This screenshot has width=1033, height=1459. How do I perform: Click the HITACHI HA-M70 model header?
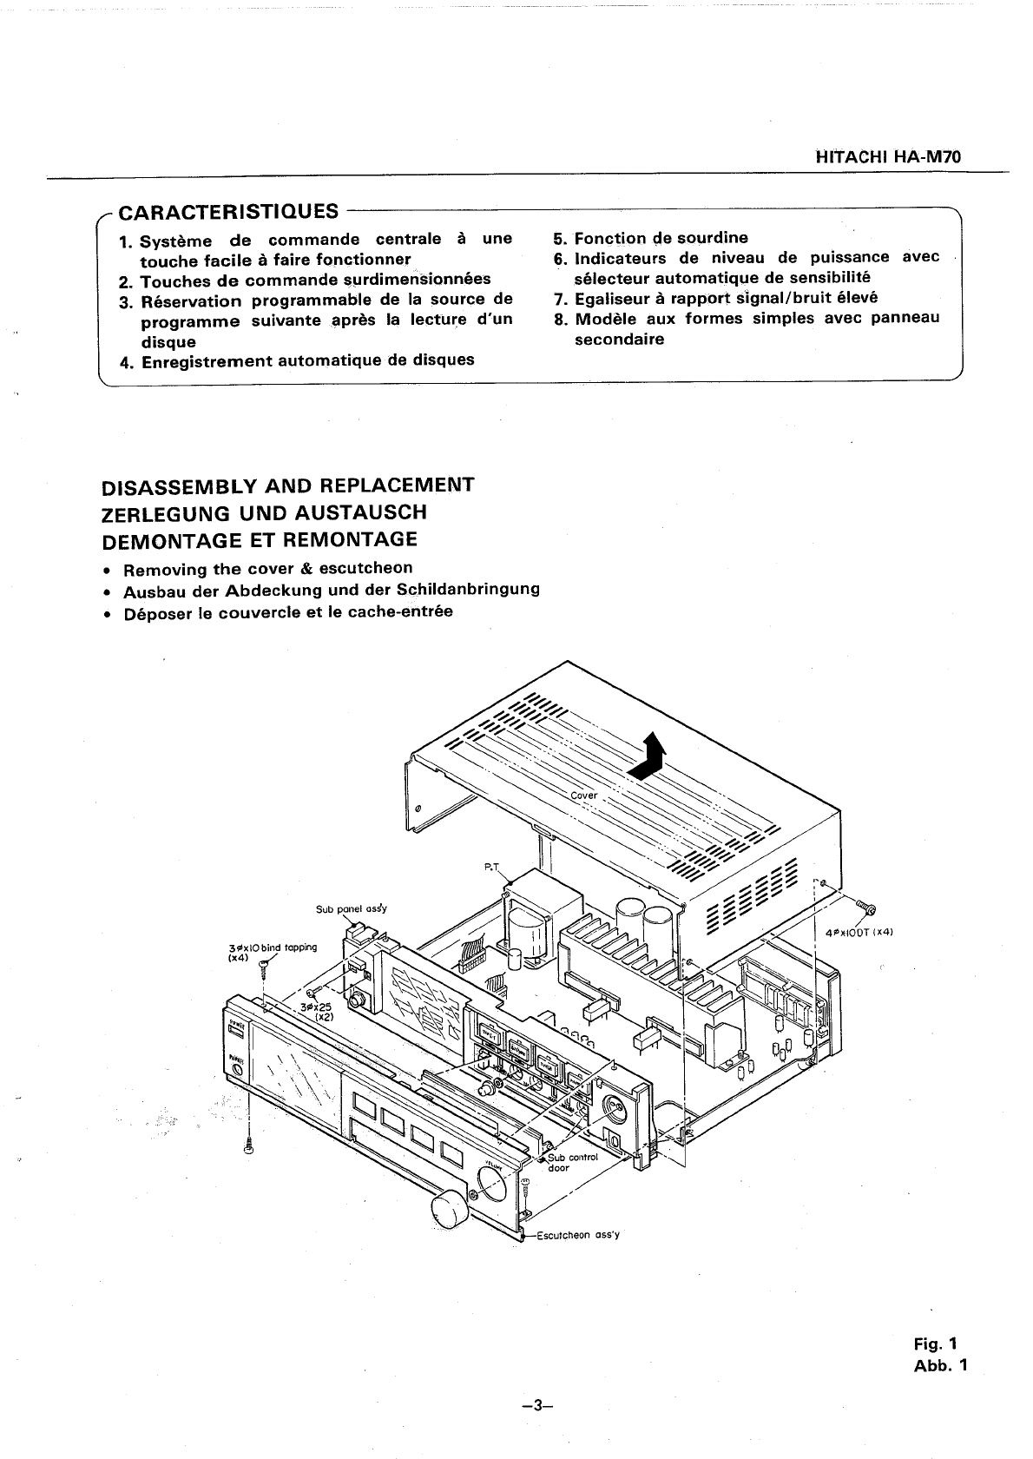click(x=892, y=159)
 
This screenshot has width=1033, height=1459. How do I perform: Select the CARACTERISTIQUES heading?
click(x=228, y=212)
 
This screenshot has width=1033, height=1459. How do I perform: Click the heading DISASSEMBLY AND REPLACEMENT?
click(x=287, y=485)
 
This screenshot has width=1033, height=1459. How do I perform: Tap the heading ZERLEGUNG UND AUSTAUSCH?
click(x=264, y=512)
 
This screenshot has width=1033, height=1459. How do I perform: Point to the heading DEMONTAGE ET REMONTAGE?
click(x=260, y=539)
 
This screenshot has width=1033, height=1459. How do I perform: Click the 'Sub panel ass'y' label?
click(x=351, y=909)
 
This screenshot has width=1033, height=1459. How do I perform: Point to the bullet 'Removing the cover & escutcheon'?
click(x=267, y=569)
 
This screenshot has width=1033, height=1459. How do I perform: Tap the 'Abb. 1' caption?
click(x=939, y=1365)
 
